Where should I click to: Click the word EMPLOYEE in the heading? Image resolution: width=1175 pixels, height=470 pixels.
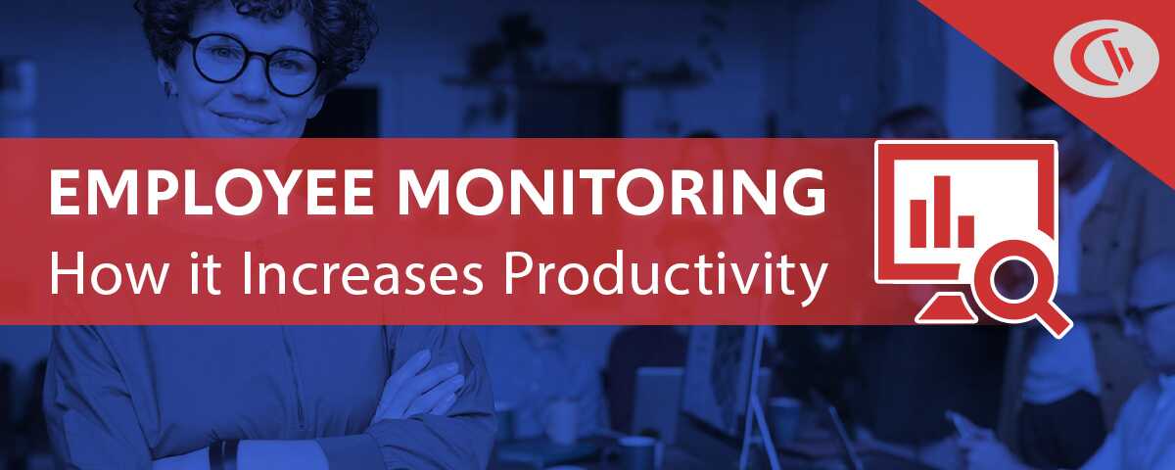(211, 193)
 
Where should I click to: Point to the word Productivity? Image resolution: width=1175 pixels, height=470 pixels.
(665, 277)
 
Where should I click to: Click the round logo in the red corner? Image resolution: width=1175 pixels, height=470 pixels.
(1106, 59)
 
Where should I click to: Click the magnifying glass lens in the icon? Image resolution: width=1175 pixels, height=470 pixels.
(1013, 278)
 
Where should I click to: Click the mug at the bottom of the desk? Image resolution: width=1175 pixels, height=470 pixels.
(636, 452)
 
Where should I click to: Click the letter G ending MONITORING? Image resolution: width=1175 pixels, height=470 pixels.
(804, 193)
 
